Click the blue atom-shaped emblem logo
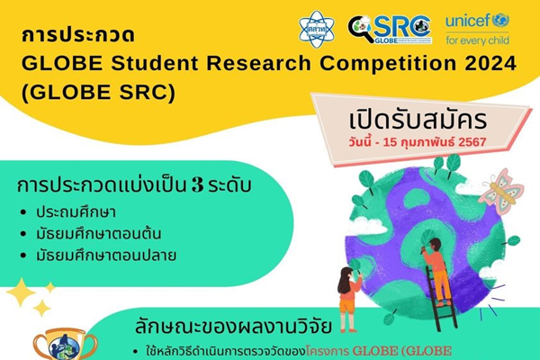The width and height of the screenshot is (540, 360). click(x=323, y=28)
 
